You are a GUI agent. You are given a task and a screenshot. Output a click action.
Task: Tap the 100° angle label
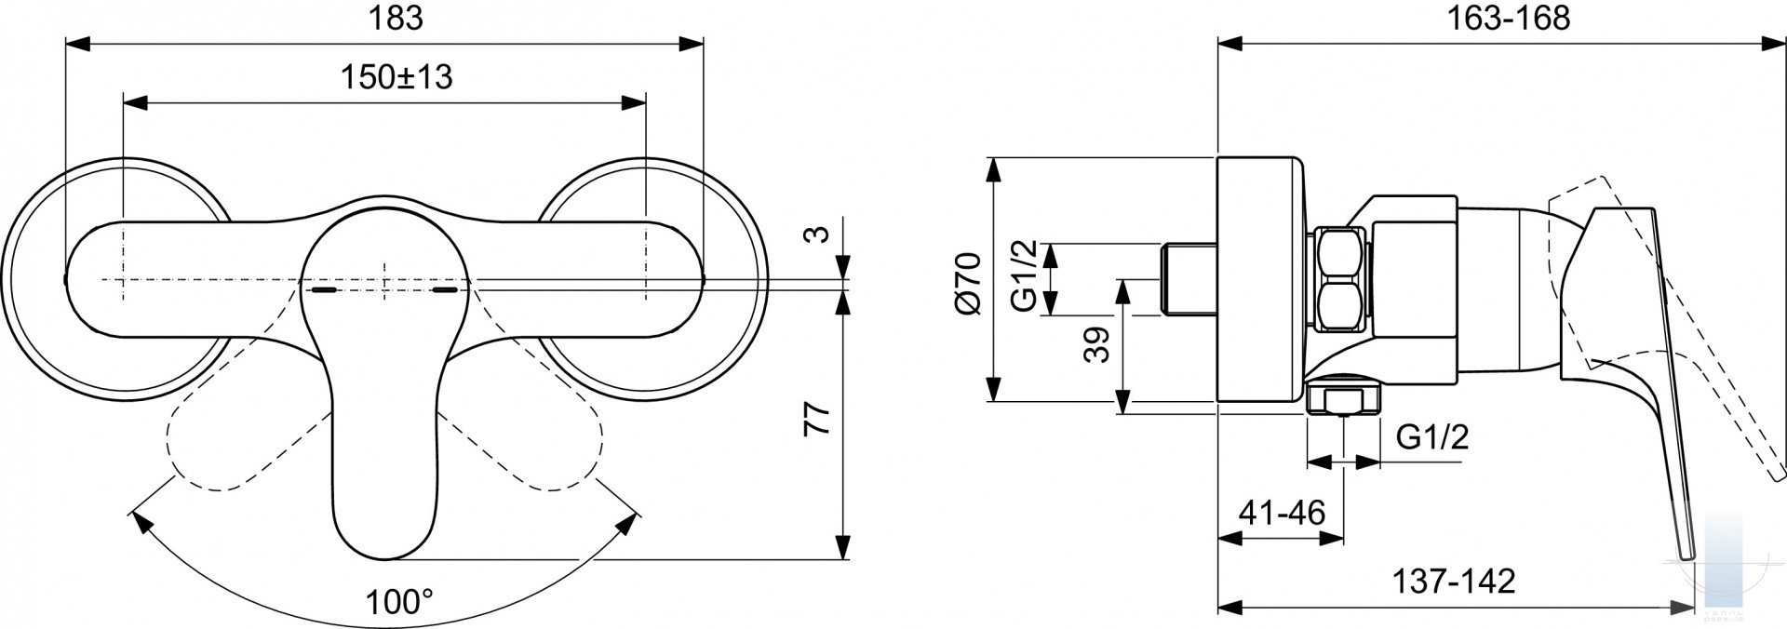(399, 602)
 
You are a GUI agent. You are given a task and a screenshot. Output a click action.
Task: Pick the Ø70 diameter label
(968, 283)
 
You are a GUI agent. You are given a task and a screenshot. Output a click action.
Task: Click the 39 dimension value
(1098, 345)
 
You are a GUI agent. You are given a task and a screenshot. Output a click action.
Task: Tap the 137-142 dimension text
(1454, 582)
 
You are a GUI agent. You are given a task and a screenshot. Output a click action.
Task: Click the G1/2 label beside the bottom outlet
(1432, 436)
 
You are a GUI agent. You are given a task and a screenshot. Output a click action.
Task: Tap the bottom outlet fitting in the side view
(1343, 396)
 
